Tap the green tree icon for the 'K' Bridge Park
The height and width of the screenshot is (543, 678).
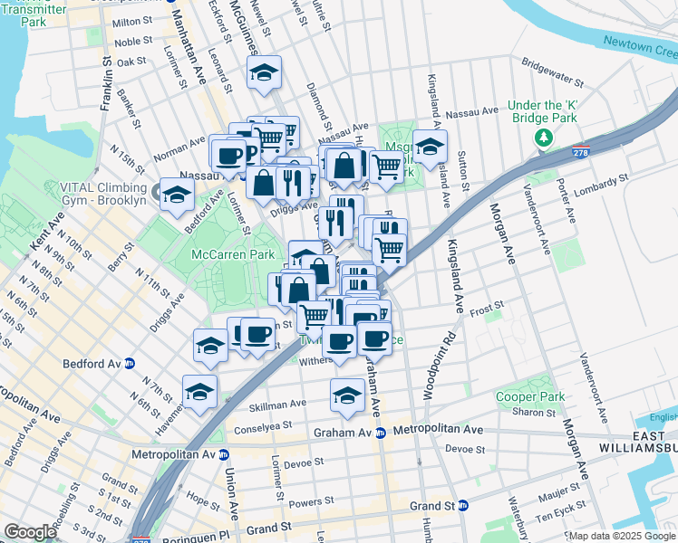click(x=543, y=138)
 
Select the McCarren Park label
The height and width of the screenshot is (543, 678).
click(x=233, y=255)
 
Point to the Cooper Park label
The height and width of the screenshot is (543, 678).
click(x=530, y=396)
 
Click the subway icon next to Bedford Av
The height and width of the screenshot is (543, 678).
click(x=130, y=364)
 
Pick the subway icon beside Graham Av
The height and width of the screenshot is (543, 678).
click(x=381, y=433)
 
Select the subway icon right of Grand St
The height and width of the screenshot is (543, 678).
click(x=463, y=506)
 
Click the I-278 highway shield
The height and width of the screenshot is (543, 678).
click(x=579, y=153)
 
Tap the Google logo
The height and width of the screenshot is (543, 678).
click(x=30, y=532)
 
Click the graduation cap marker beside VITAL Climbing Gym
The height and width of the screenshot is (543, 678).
click(x=178, y=194)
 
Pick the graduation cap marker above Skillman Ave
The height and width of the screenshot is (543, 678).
click(x=346, y=395)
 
